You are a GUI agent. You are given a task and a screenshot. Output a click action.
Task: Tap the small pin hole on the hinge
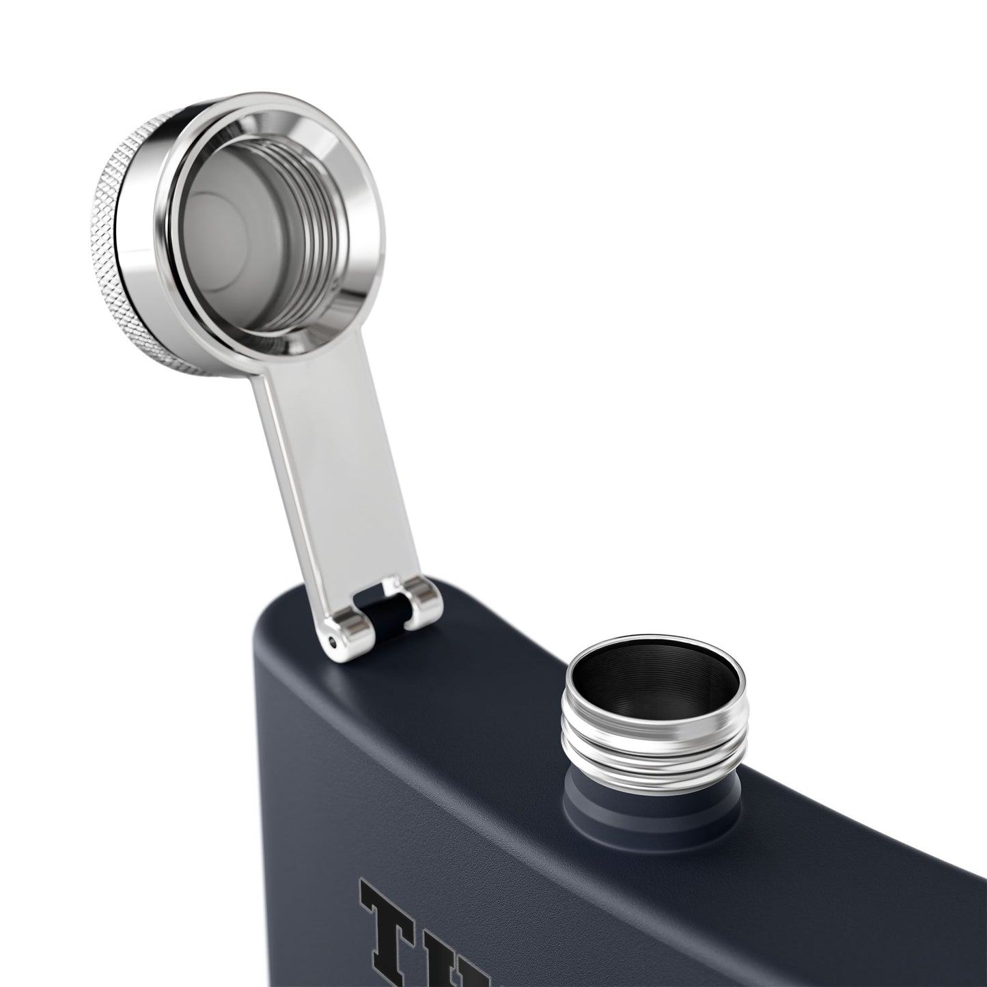pyautogui.click(x=333, y=641)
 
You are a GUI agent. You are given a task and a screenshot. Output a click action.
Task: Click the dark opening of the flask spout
pyautogui.click(x=654, y=683)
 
